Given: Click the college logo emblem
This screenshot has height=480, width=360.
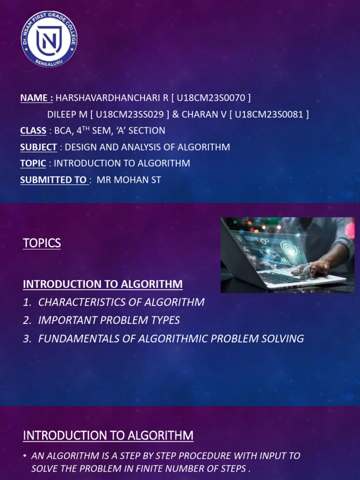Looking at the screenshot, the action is (49, 39).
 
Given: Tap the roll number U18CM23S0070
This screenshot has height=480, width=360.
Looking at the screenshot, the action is (211, 97).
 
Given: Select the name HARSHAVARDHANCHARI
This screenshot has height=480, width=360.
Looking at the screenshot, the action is (108, 97).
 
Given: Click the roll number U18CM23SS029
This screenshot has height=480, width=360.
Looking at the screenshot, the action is (130, 114).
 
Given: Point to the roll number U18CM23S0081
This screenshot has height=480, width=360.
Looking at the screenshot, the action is (269, 114).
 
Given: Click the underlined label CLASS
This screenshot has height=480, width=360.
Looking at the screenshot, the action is (33, 131).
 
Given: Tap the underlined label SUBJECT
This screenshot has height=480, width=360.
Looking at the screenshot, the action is (38, 147).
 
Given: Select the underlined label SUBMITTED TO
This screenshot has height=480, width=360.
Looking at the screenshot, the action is (53, 180).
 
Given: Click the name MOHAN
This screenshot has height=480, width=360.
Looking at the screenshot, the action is (130, 180).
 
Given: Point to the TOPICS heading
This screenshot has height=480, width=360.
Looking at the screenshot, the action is (42, 243).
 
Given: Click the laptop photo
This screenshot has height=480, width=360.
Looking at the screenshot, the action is (287, 255).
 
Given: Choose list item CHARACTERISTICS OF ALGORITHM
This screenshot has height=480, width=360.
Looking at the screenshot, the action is (121, 302).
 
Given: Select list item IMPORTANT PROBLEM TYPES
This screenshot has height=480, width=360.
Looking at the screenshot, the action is (109, 320).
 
